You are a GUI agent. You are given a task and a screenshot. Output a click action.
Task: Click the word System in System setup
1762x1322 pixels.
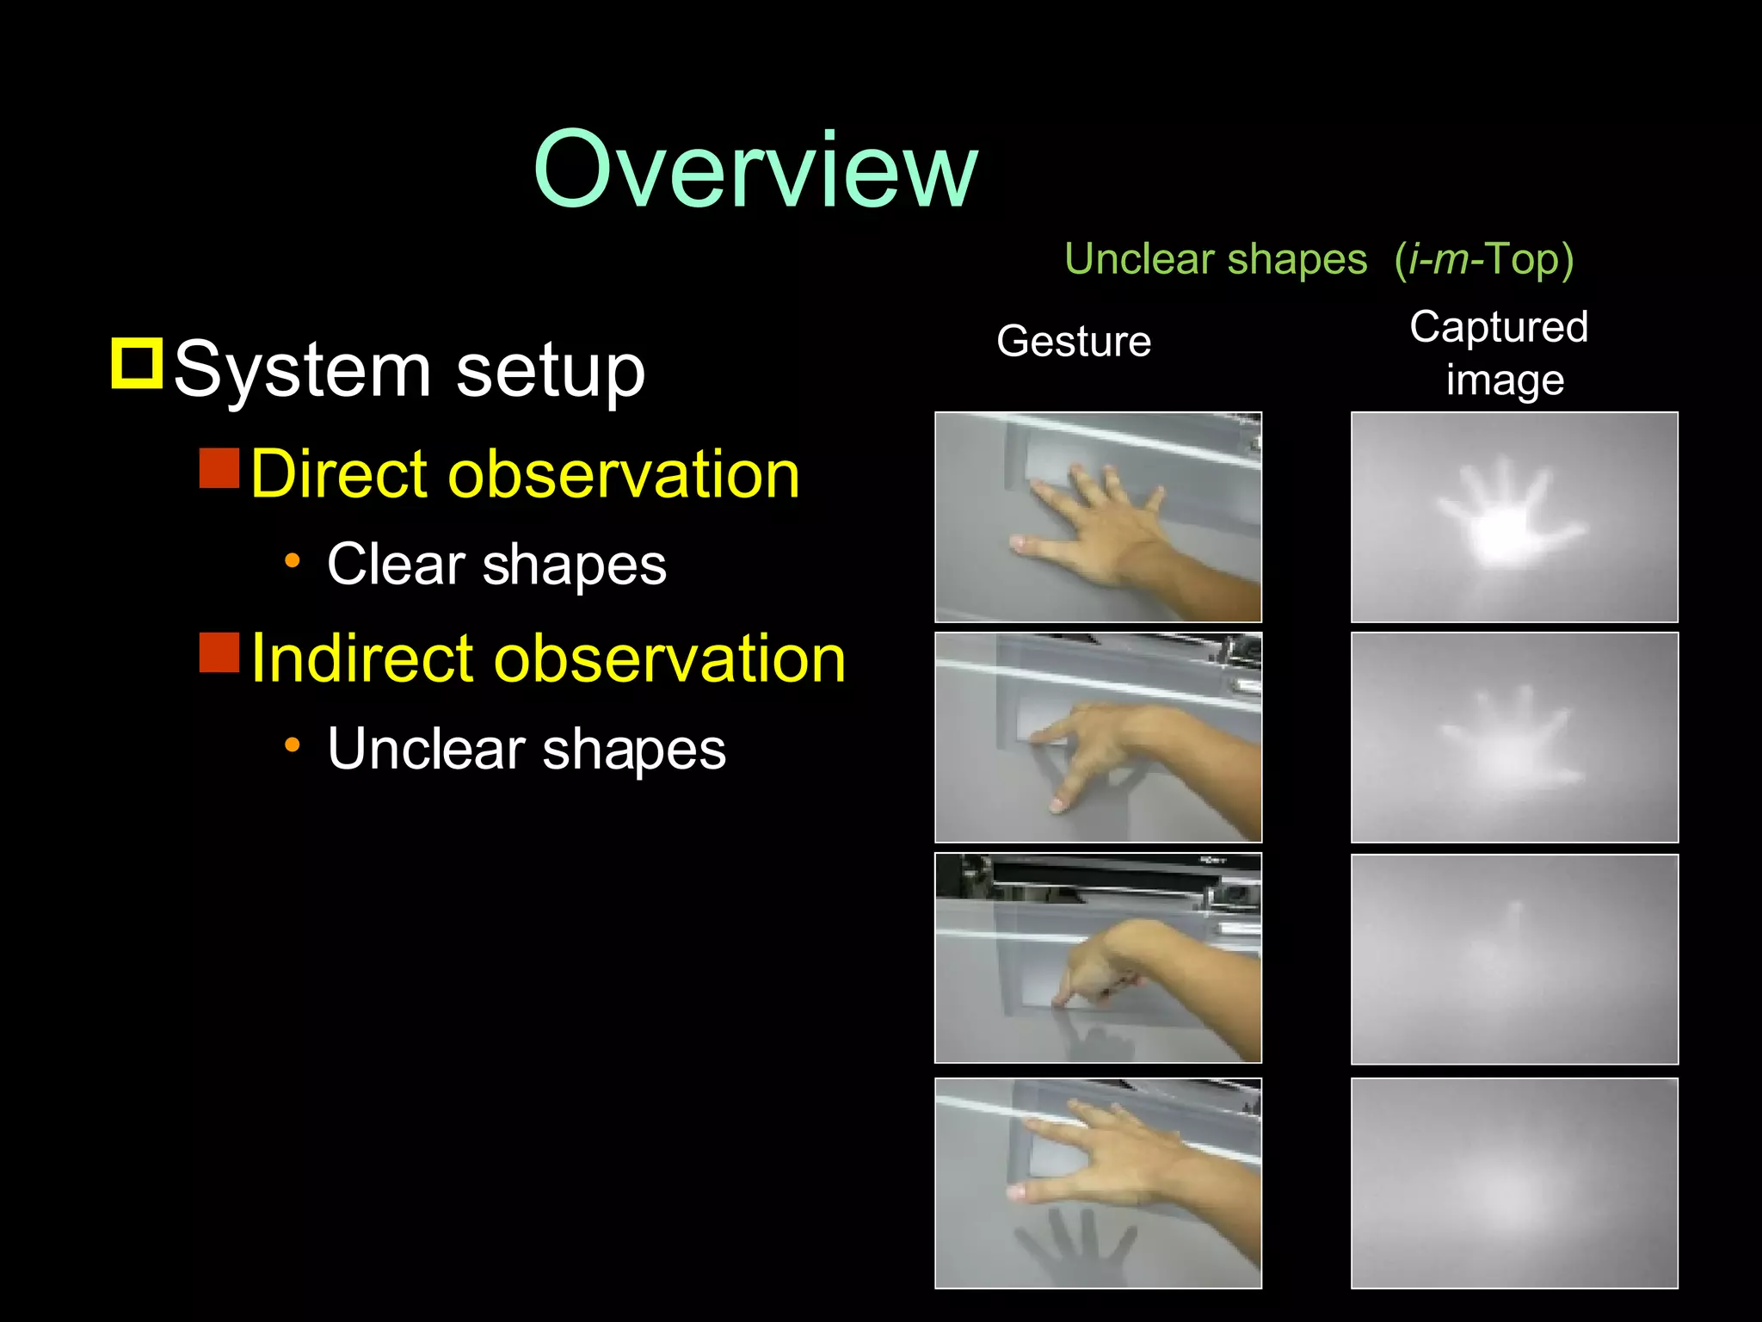(x=302, y=370)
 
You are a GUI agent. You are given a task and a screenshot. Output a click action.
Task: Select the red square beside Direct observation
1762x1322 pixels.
(x=219, y=467)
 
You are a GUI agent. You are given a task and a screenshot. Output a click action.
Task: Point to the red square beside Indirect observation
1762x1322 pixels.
(x=219, y=652)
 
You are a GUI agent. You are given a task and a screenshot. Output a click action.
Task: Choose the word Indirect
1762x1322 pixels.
(x=362, y=658)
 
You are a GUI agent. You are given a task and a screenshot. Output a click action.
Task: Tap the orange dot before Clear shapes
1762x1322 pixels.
(x=293, y=561)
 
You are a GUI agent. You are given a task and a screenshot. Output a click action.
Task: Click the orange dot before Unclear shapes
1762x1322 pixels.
(x=293, y=745)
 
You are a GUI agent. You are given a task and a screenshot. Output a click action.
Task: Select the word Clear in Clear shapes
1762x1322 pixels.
(x=396, y=565)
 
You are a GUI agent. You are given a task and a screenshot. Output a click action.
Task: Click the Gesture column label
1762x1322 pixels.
(x=1074, y=341)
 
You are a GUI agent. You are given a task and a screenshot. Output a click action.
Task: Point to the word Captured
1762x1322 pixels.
(x=1499, y=327)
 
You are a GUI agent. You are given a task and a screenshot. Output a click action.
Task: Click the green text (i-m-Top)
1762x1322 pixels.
(x=1484, y=259)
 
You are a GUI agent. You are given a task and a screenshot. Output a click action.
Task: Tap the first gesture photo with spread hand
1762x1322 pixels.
(x=1098, y=517)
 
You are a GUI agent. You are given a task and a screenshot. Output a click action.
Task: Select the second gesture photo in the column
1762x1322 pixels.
(x=1098, y=738)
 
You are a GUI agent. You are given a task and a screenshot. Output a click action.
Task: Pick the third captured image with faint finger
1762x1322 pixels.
(x=1514, y=959)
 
